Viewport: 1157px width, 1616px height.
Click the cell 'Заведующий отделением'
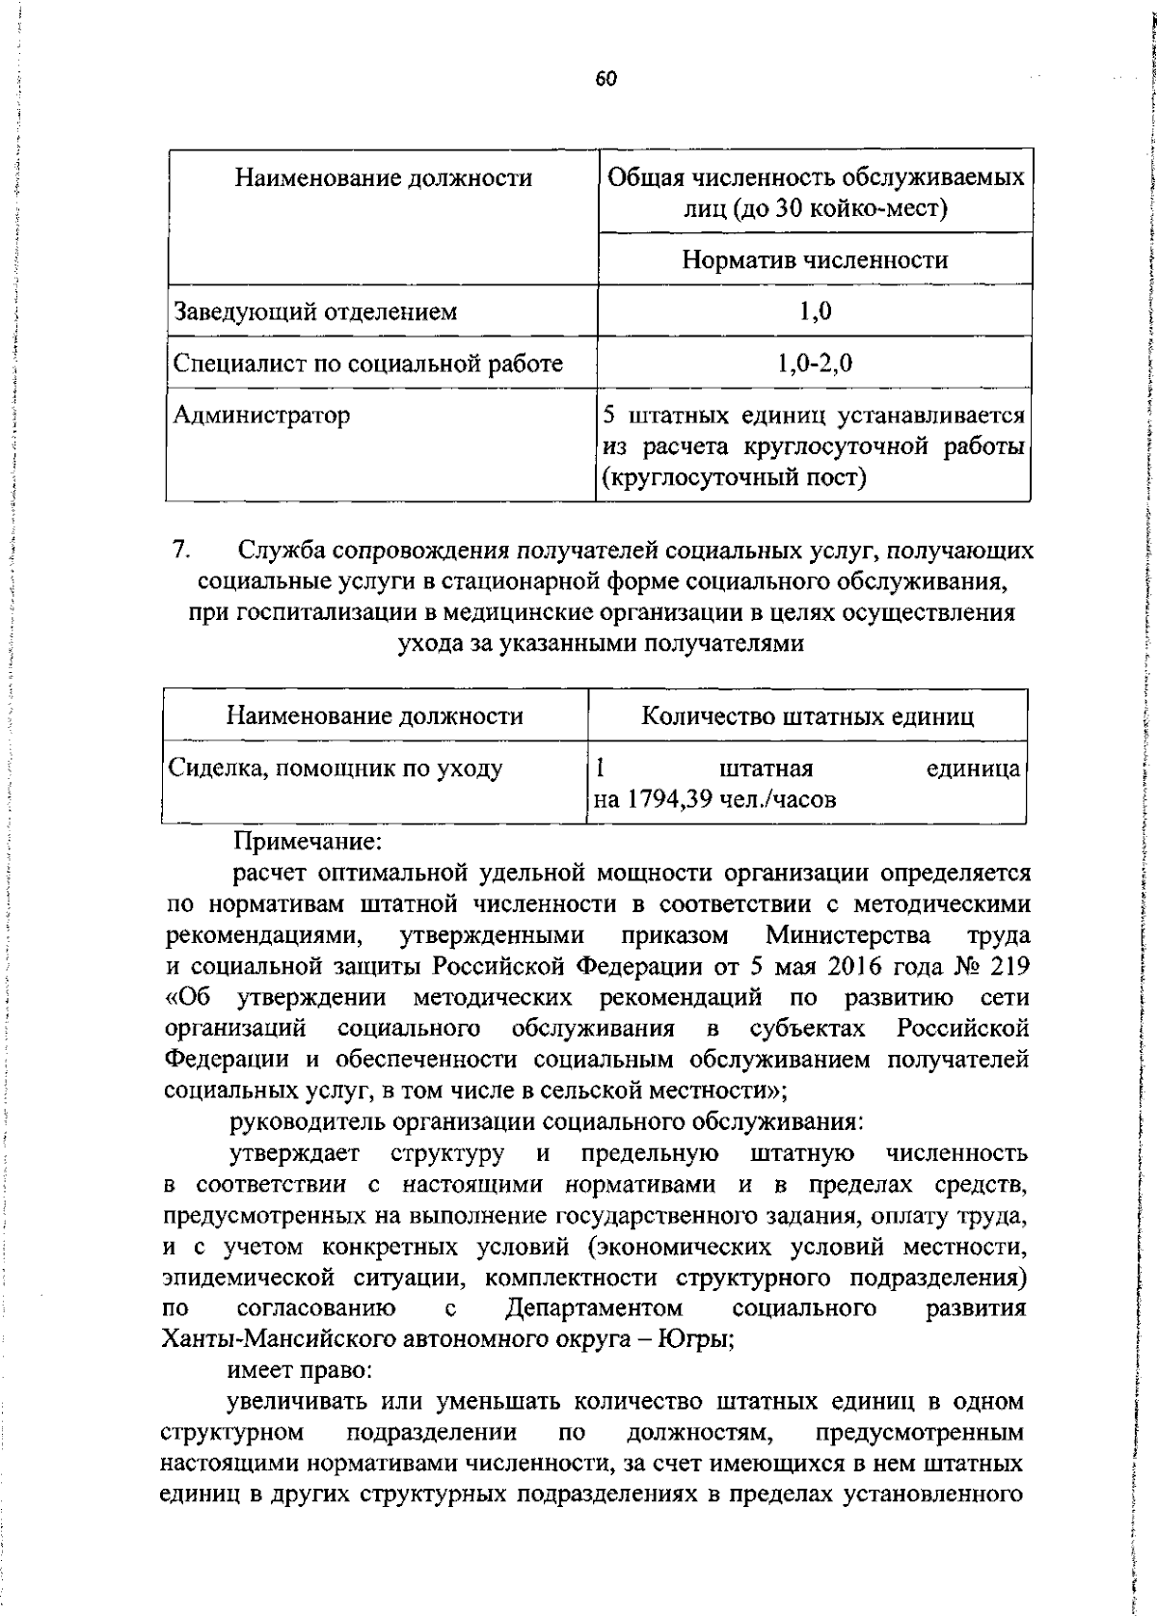(x=315, y=311)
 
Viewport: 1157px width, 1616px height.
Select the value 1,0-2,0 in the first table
(x=815, y=364)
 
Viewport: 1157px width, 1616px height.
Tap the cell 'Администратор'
(x=261, y=416)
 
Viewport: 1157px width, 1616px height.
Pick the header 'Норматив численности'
(x=815, y=259)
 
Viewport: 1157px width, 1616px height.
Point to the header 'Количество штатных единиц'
(x=808, y=716)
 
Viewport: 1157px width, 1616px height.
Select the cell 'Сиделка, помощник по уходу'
(x=336, y=768)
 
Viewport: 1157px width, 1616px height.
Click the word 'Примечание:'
(x=309, y=842)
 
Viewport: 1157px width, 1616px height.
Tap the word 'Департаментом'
(x=594, y=1308)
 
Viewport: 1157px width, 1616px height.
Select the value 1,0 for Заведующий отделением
(x=815, y=311)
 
